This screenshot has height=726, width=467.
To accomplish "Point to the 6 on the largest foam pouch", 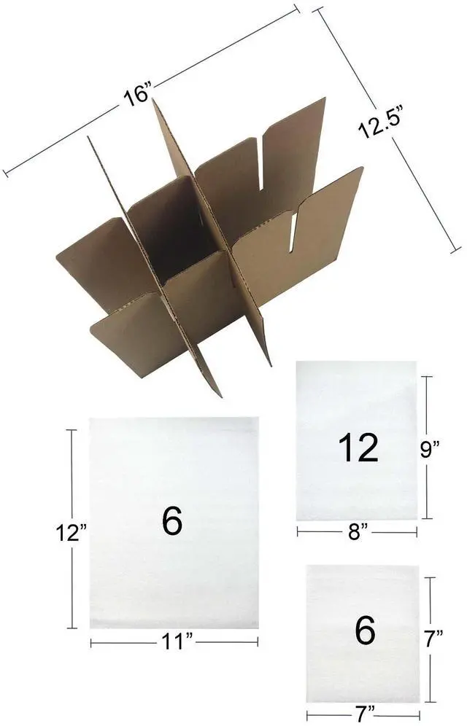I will [x=172, y=521].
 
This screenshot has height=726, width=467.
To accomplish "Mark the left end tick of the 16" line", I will [x=6, y=173].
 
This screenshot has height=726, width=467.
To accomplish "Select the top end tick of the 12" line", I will [x=72, y=431].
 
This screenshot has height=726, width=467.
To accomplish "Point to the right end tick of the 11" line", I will [x=258, y=641].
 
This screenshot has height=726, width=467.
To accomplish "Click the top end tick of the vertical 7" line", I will [x=432, y=577].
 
